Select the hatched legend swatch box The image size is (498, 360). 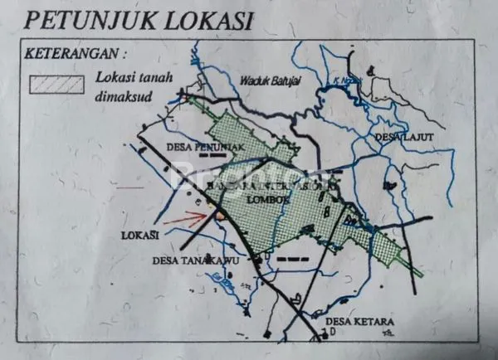click(56, 85)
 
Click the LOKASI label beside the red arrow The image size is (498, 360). click(139, 236)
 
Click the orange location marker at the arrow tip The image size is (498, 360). click(218, 215)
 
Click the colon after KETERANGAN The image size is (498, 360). click(124, 55)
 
